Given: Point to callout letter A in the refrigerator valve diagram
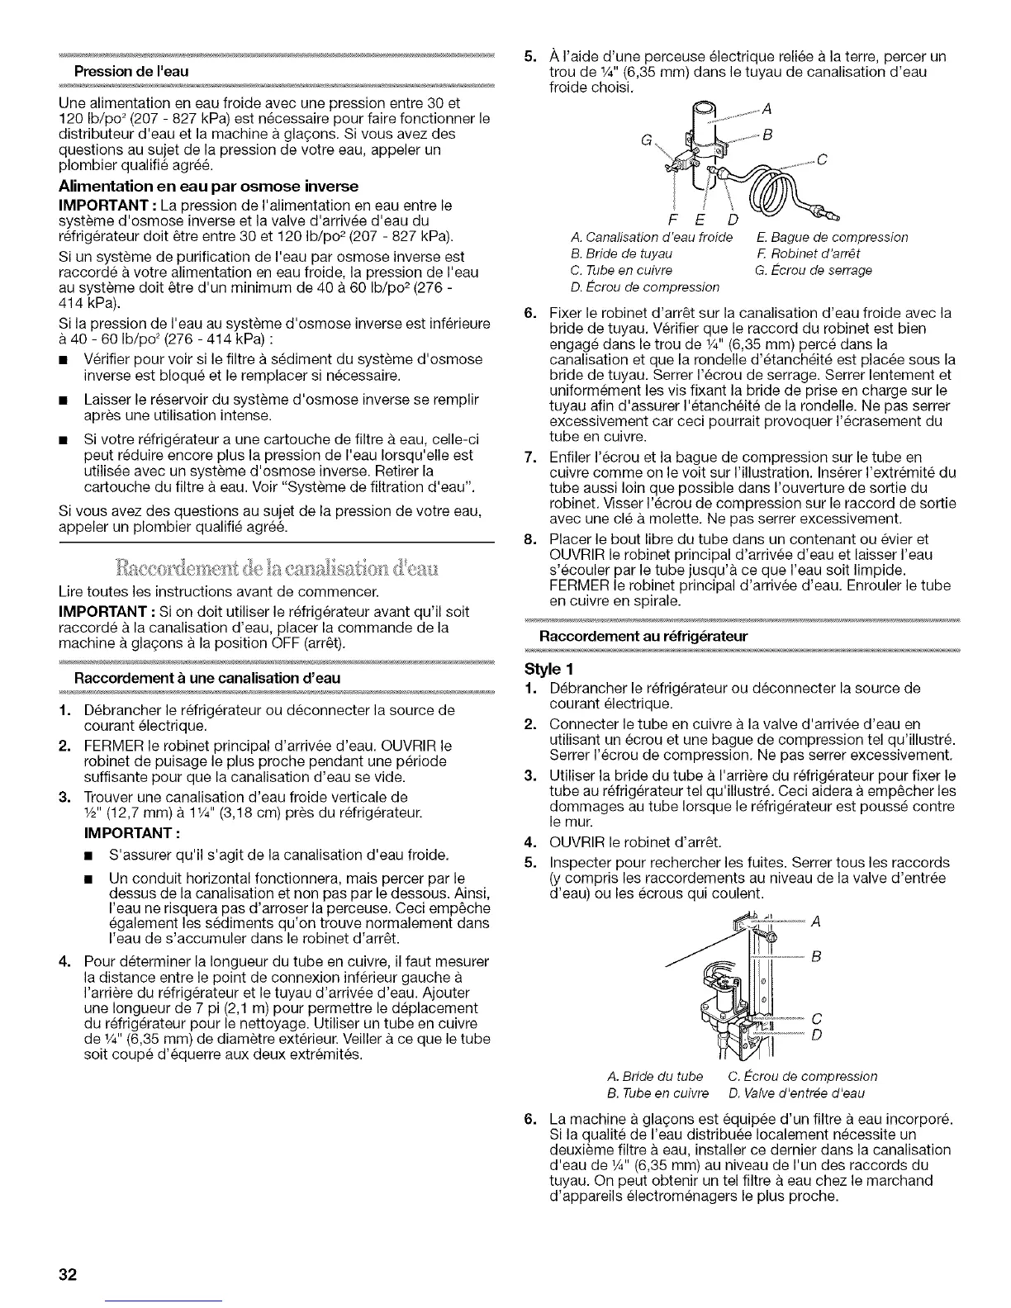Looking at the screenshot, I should click(817, 923).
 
